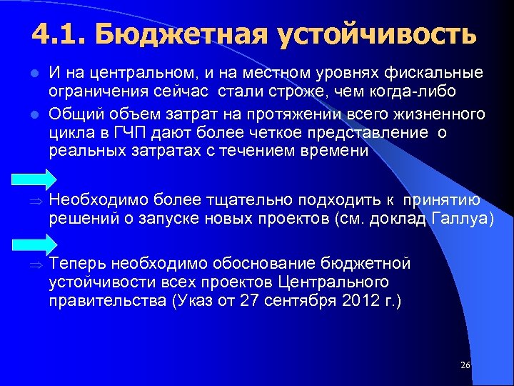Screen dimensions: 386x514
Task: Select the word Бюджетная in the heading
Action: click(x=178, y=34)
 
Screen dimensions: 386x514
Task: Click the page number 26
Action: click(x=465, y=365)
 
